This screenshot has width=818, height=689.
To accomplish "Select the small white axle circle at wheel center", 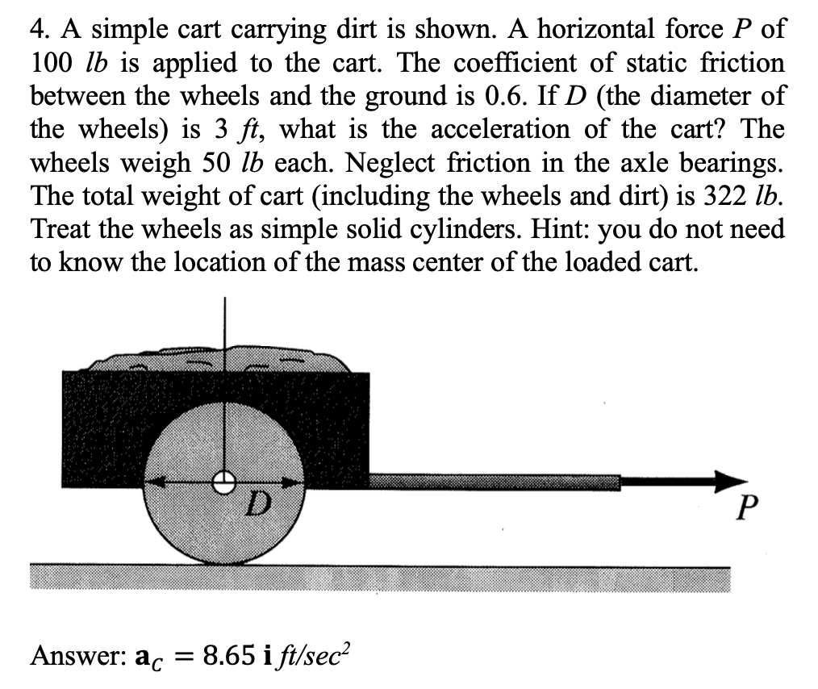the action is (224, 482).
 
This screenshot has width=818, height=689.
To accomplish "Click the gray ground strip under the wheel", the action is (379, 578).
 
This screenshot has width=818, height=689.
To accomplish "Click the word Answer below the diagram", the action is (65, 655).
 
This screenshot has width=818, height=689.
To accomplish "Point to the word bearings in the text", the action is (730, 162).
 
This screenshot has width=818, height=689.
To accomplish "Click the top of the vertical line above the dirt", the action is (225, 300).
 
